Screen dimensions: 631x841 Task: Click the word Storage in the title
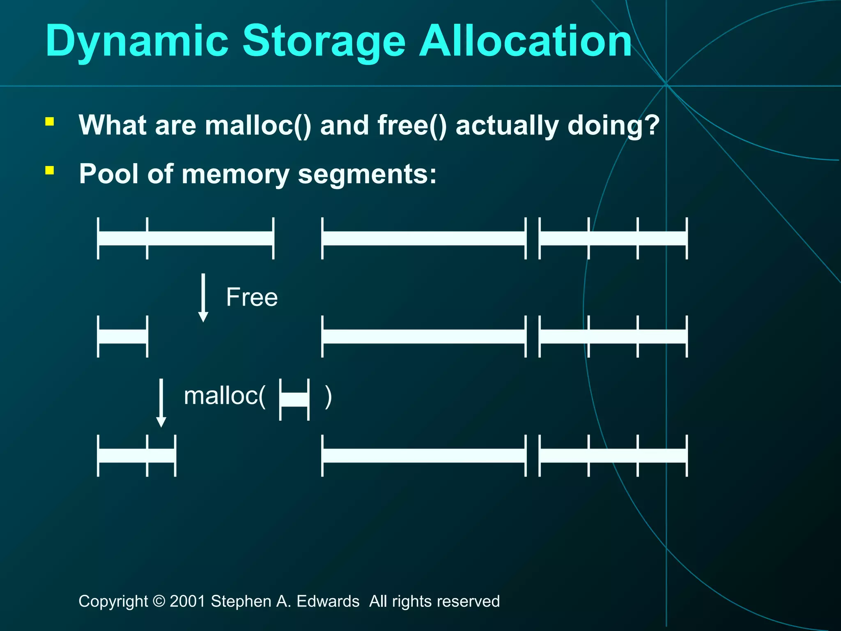[x=324, y=41]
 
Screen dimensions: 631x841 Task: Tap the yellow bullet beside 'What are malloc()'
[x=50, y=121]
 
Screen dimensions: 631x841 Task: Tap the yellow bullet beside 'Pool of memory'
[x=50, y=170]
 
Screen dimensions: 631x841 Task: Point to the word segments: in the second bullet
[x=367, y=175]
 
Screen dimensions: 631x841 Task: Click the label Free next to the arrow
[x=252, y=297]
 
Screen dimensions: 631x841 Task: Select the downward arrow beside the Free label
[x=203, y=298]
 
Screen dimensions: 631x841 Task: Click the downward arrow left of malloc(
[x=161, y=403]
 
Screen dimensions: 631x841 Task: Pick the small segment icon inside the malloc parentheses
[x=294, y=399]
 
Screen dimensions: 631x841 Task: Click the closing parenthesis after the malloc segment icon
[x=328, y=397]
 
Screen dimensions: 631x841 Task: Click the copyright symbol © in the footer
[x=159, y=601]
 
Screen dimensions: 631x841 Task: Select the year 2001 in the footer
[x=187, y=601]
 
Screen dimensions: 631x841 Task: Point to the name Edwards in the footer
[x=328, y=601]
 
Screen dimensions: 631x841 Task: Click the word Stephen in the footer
[x=241, y=601]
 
